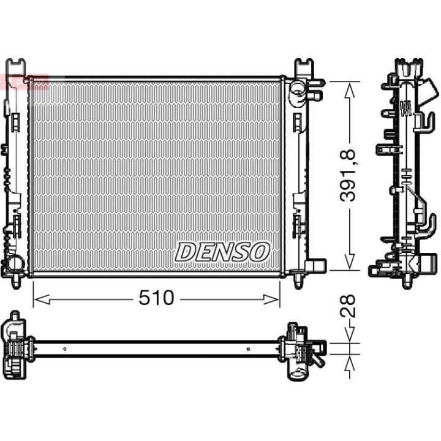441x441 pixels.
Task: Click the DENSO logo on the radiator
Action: (223, 251)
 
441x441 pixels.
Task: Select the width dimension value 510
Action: (156, 298)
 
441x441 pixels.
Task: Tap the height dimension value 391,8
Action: (350, 178)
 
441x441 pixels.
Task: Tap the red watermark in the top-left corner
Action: (24, 81)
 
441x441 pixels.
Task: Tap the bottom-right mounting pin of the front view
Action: (298, 281)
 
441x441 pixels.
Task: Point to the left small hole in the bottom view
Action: (64, 349)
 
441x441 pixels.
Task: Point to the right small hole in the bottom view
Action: (248, 349)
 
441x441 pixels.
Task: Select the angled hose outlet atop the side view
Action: (431, 92)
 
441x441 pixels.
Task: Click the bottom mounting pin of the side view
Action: (406, 281)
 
